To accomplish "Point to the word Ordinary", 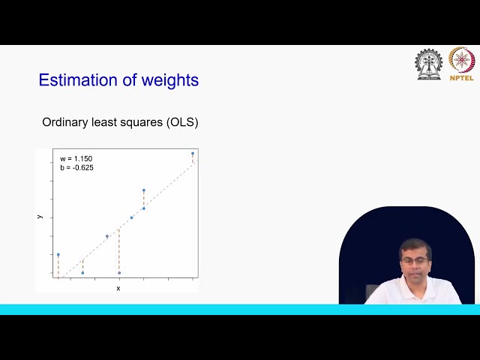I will (x=64, y=122).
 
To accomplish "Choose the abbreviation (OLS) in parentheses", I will (x=182, y=122).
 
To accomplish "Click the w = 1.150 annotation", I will (x=76, y=159).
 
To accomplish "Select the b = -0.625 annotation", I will (x=77, y=167).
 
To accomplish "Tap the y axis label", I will (x=40, y=216).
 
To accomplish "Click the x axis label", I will (x=118, y=288).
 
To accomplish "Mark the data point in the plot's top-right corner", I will (x=193, y=154).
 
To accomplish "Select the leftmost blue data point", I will (x=58, y=255).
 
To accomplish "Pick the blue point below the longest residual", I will (x=119, y=272).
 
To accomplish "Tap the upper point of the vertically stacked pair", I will (x=144, y=190).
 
